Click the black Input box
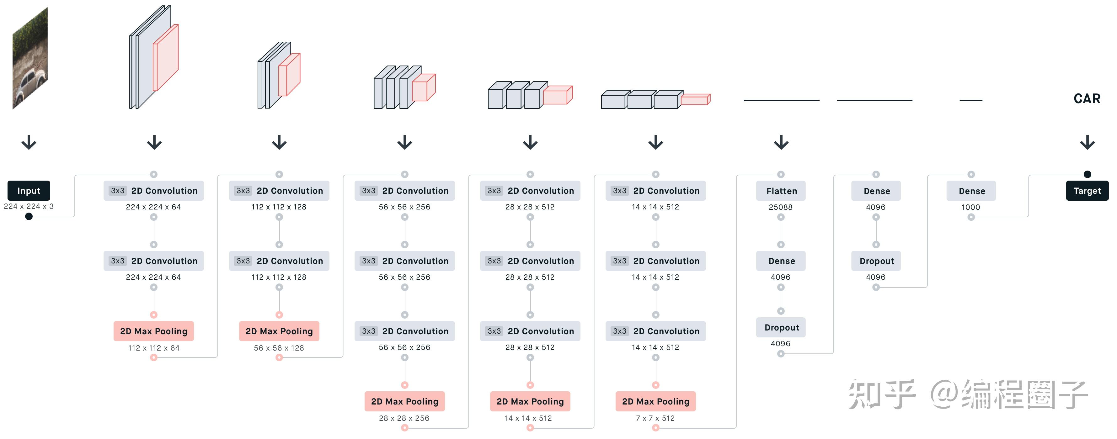[29, 191]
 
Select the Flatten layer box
[781, 191]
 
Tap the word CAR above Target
[1087, 99]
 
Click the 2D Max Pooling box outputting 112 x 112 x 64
[153, 331]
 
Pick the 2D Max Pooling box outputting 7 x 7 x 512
[655, 401]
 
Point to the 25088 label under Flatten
[781, 207]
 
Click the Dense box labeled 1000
[971, 191]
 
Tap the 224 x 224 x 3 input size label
[29, 206]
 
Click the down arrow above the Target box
[1087, 142]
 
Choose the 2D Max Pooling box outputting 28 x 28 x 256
[404, 401]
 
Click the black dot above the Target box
[1087, 174]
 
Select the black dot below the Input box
[29, 216]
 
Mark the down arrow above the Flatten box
[781, 142]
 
